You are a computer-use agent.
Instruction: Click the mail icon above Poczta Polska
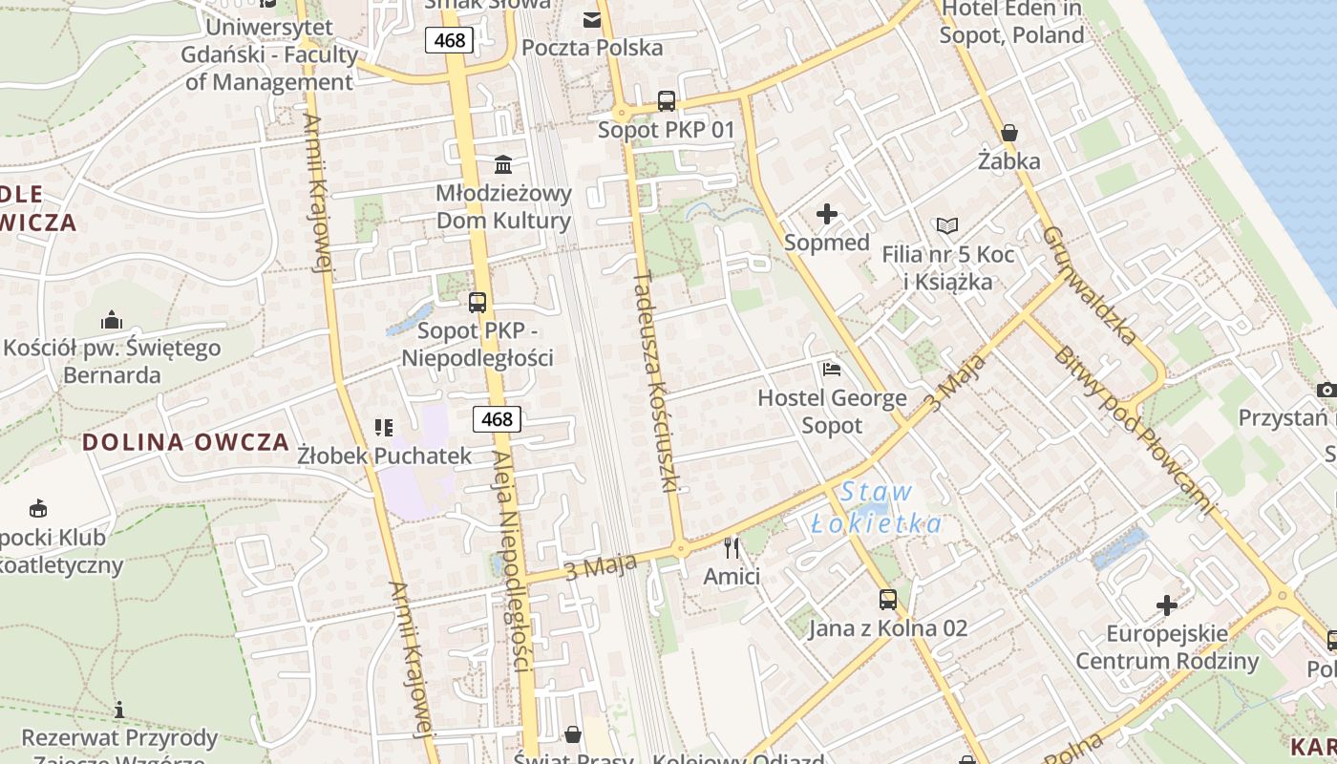point(592,19)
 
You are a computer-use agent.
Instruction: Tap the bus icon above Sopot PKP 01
point(667,101)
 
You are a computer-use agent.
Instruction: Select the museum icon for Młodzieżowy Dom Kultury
point(503,164)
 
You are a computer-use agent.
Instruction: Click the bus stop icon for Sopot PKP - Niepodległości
point(477,303)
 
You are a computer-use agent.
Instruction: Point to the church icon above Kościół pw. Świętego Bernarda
point(112,319)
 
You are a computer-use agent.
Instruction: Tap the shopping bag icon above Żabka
point(1009,133)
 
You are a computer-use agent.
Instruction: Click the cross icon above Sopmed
point(827,214)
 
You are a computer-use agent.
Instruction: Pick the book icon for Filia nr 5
point(947,226)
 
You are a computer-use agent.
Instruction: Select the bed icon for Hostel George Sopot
point(832,369)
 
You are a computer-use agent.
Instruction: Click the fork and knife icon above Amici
point(732,547)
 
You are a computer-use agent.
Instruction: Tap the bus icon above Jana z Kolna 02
point(888,600)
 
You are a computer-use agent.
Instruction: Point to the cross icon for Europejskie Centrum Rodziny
point(1167,605)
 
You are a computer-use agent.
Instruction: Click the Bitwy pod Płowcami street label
point(1136,430)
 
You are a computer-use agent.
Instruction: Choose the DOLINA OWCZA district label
point(185,442)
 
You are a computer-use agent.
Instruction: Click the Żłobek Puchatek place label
point(385,456)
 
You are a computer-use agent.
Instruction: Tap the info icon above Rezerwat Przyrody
point(119,710)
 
